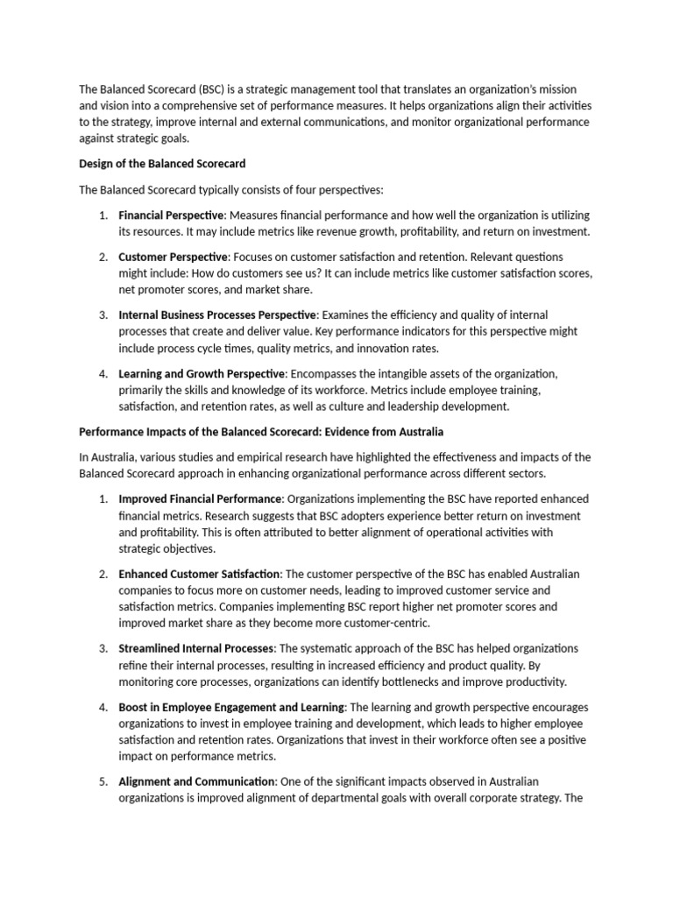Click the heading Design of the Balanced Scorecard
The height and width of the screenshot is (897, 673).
coord(162,163)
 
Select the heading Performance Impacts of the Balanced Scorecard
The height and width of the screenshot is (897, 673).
coord(261,432)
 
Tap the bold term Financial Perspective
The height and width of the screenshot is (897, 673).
coord(172,215)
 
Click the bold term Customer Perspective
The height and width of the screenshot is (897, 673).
coord(173,257)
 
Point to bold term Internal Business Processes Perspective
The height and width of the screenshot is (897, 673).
coord(216,314)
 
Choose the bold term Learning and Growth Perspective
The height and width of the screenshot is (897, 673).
coord(197,374)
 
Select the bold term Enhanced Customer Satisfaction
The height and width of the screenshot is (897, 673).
coord(199,574)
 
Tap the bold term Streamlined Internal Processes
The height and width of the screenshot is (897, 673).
coord(197,648)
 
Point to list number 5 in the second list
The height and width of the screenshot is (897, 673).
coord(102,781)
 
